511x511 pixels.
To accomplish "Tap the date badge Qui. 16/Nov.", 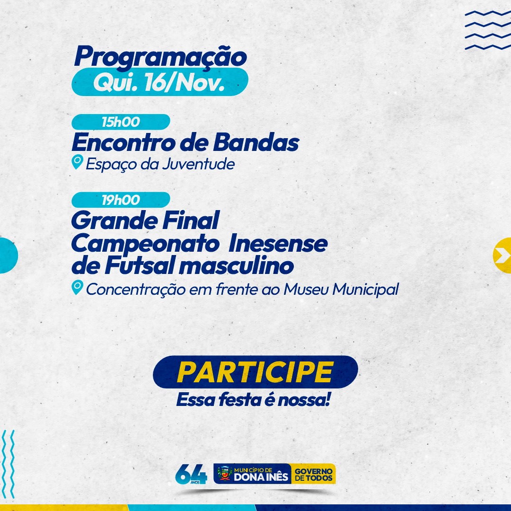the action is pyautogui.click(x=160, y=82).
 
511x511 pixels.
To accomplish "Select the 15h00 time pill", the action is pyautogui.click(x=121, y=122).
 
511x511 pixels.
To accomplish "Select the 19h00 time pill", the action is pyautogui.click(x=121, y=200).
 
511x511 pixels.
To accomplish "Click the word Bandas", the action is pyautogui.click(x=256, y=142).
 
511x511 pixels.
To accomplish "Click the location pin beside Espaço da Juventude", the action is pyautogui.click(x=77, y=162).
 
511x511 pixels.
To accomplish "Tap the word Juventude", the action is pyautogui.click(x=198, y=164).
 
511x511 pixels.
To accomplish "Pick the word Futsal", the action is pyautogui.click(x=141, y=265).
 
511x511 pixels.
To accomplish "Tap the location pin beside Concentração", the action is pyautogui.click(x=77, y=288).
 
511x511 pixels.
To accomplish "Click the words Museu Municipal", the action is pyautogui.click(x=341, y=289).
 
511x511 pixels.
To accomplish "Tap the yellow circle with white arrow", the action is pyautogui.click(x=502, y=255).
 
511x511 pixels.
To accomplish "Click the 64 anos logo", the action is pyautogui.click(x=191, y=474).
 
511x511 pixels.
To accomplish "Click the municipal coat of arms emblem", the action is pyautogui.click(x=224, y=474).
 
